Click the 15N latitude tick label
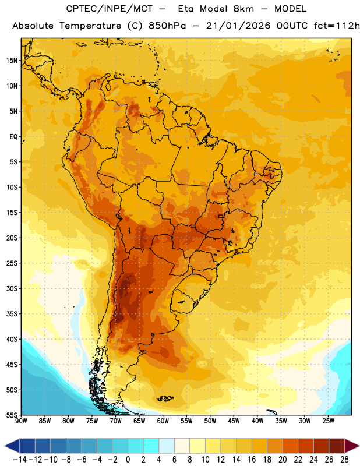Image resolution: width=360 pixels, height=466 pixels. (x=12, y=61)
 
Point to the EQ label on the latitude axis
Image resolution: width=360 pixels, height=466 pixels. (x=13, y=137)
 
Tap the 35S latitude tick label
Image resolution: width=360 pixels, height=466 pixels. (x=12, y=314)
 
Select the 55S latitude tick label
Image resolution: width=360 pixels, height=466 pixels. (x=12, y=415)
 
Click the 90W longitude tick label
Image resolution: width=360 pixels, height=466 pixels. (x=22, y=421)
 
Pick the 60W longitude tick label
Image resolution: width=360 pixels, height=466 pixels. (x=163, y=421)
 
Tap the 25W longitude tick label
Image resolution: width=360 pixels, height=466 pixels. (x=328, y=421)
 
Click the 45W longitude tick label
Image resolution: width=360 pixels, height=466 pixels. (x=234, y=421)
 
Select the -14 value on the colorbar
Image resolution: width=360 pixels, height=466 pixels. (x=20, y=460)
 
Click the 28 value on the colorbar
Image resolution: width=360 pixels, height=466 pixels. (x=344, y=460)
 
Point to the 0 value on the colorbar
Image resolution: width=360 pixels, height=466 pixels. (x=128, y=460)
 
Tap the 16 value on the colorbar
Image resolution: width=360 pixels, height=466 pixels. (x=252, y=460)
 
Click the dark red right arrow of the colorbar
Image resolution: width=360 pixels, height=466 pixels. (x=352, y=446)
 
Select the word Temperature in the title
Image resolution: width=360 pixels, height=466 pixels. (x=90, y=26)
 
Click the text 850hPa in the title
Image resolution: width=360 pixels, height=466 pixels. (x=167, y=26)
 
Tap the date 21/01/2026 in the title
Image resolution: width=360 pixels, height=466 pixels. (x=238, y=26)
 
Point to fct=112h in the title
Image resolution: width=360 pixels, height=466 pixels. (x=337, y=26)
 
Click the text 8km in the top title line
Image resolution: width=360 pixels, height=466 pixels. (x=243, y=9)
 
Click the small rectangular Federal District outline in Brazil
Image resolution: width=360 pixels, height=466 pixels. (x=221, y=216)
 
